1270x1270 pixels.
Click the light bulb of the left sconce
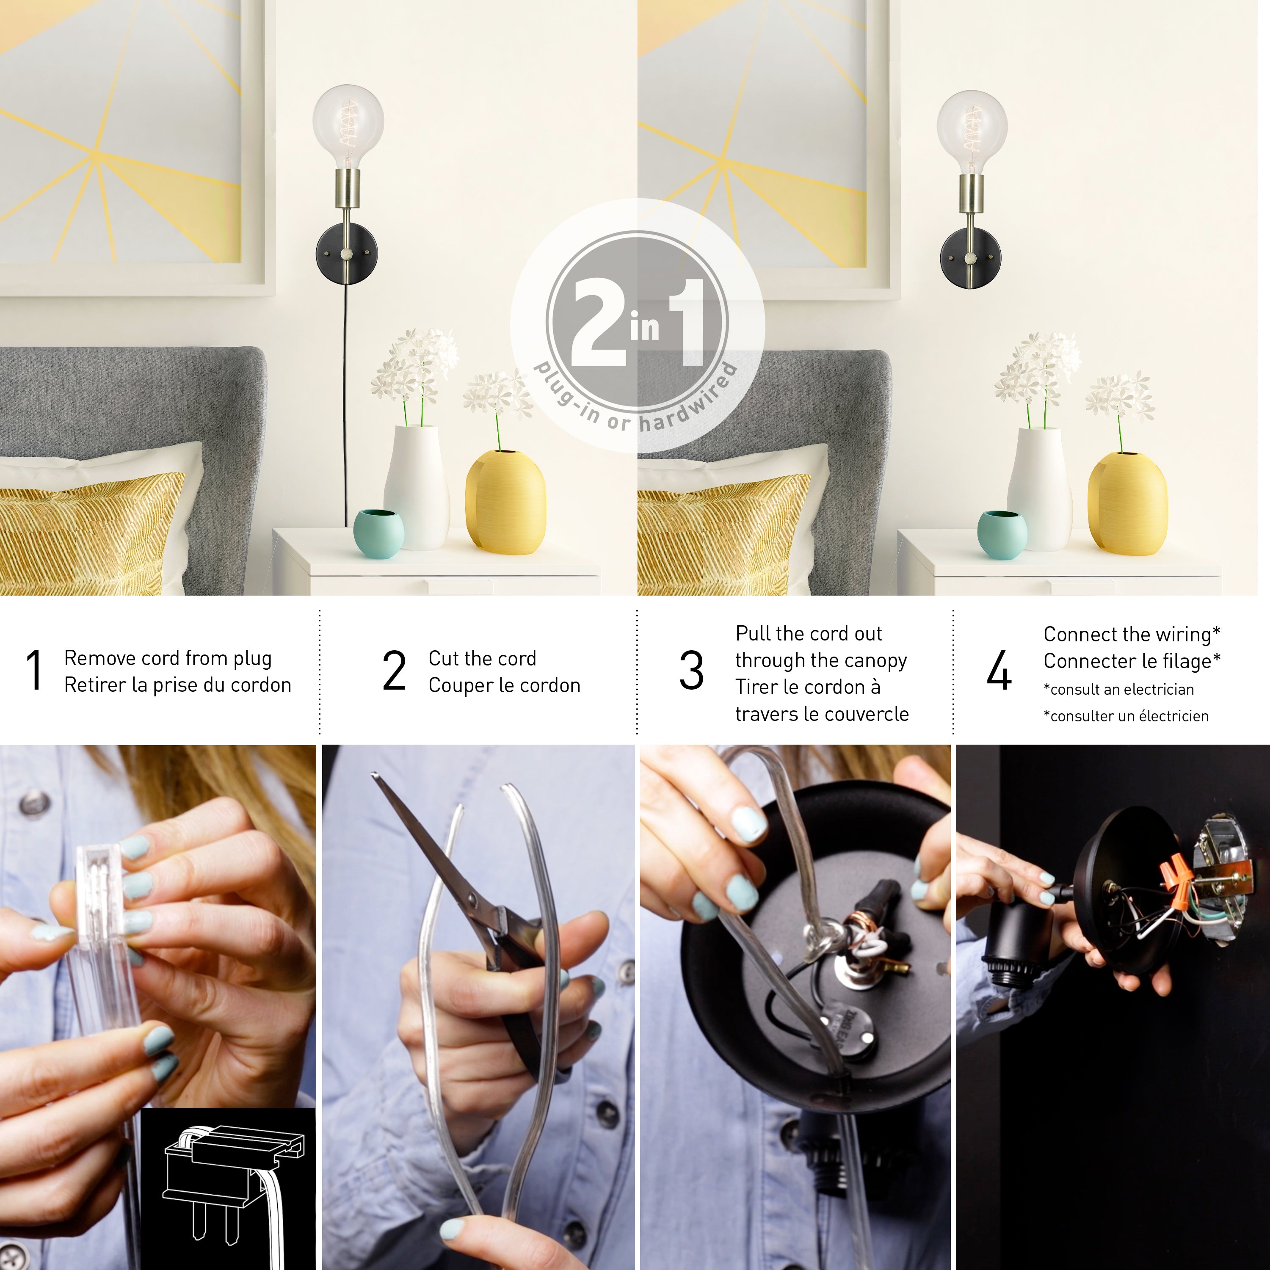click(348, 125)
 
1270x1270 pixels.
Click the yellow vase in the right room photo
click(1127, 503)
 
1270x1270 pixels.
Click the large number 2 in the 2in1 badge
click(598, 323)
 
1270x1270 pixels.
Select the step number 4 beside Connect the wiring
click(999, 671)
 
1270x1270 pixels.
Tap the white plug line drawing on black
click(230, 1183)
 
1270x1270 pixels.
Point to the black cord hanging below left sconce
click(345, 408)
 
